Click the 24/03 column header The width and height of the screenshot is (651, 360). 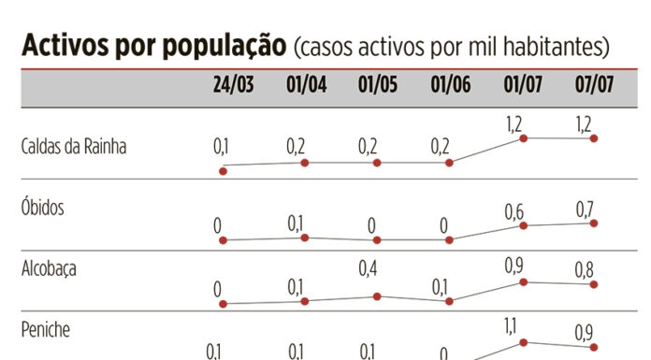(x=233, y=86)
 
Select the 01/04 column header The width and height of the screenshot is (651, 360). (x=306, y=86)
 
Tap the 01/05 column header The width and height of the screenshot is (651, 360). (x=378, y=86)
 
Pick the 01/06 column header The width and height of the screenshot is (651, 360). (x=450, y=86)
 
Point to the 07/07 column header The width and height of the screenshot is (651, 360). (x=595, y=86)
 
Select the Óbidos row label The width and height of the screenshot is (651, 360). (x=42, y=208)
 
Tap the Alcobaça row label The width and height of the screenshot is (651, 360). (x=49, y=268)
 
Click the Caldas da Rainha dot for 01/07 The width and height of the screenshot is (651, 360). (x=523, y=138)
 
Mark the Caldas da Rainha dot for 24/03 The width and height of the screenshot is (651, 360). (x=223, y=170)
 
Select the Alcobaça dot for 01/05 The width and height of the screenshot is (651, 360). (x=377, y=296)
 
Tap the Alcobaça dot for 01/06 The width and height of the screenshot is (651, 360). (x=450, y=301)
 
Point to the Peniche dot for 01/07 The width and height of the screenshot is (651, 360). (x=523, y=342)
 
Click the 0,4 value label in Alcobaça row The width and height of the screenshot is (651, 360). (x=370, y=269)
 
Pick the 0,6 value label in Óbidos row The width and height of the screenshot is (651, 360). (x=514, y=212)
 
